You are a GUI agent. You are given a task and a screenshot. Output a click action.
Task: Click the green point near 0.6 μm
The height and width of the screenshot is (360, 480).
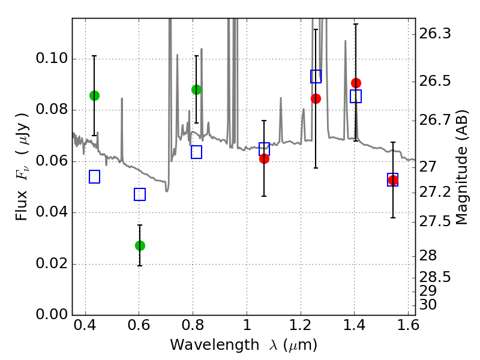(140, 245)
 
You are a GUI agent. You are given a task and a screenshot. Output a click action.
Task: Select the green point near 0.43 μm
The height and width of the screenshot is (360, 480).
(95, 96)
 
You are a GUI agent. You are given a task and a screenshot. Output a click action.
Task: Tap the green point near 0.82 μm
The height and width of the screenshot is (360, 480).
(197, 89)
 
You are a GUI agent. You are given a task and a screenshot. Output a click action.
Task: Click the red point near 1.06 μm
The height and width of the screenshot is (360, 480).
(264, 158)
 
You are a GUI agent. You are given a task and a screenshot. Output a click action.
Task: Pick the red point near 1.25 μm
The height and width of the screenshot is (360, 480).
(316, 98)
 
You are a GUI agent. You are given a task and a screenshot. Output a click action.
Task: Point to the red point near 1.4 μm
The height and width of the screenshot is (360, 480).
(356, 83)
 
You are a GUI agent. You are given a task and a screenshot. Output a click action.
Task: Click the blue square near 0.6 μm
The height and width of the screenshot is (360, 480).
(140, 194)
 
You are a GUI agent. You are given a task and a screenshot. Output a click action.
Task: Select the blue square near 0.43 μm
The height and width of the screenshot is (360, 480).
(95, 176)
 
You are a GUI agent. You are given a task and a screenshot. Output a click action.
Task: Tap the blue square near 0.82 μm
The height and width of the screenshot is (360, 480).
(197, 152)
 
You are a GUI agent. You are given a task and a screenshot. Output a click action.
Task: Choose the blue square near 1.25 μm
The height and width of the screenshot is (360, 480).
(316, 76)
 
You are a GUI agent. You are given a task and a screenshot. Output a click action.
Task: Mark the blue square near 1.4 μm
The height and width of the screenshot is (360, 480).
(356, 96)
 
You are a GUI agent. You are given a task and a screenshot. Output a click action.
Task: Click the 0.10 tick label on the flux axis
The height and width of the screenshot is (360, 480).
(52, 58)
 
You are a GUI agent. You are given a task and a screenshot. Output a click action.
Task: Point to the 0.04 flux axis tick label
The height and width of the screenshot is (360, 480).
(52, 212)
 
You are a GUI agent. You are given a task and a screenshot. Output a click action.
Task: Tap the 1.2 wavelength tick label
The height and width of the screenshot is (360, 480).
(301, 325)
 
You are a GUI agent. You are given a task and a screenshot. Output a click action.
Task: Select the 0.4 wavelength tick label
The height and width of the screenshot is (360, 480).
(85, 325)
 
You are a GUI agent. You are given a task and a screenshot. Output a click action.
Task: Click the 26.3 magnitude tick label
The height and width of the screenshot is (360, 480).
(434, 34)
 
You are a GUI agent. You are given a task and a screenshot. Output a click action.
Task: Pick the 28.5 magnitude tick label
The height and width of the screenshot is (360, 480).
(434, 277)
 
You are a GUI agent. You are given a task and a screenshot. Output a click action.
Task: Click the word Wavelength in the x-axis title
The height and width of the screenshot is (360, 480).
(215, 345)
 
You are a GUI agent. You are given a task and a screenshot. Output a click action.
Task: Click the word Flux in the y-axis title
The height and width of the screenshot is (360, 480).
(21, 205)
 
